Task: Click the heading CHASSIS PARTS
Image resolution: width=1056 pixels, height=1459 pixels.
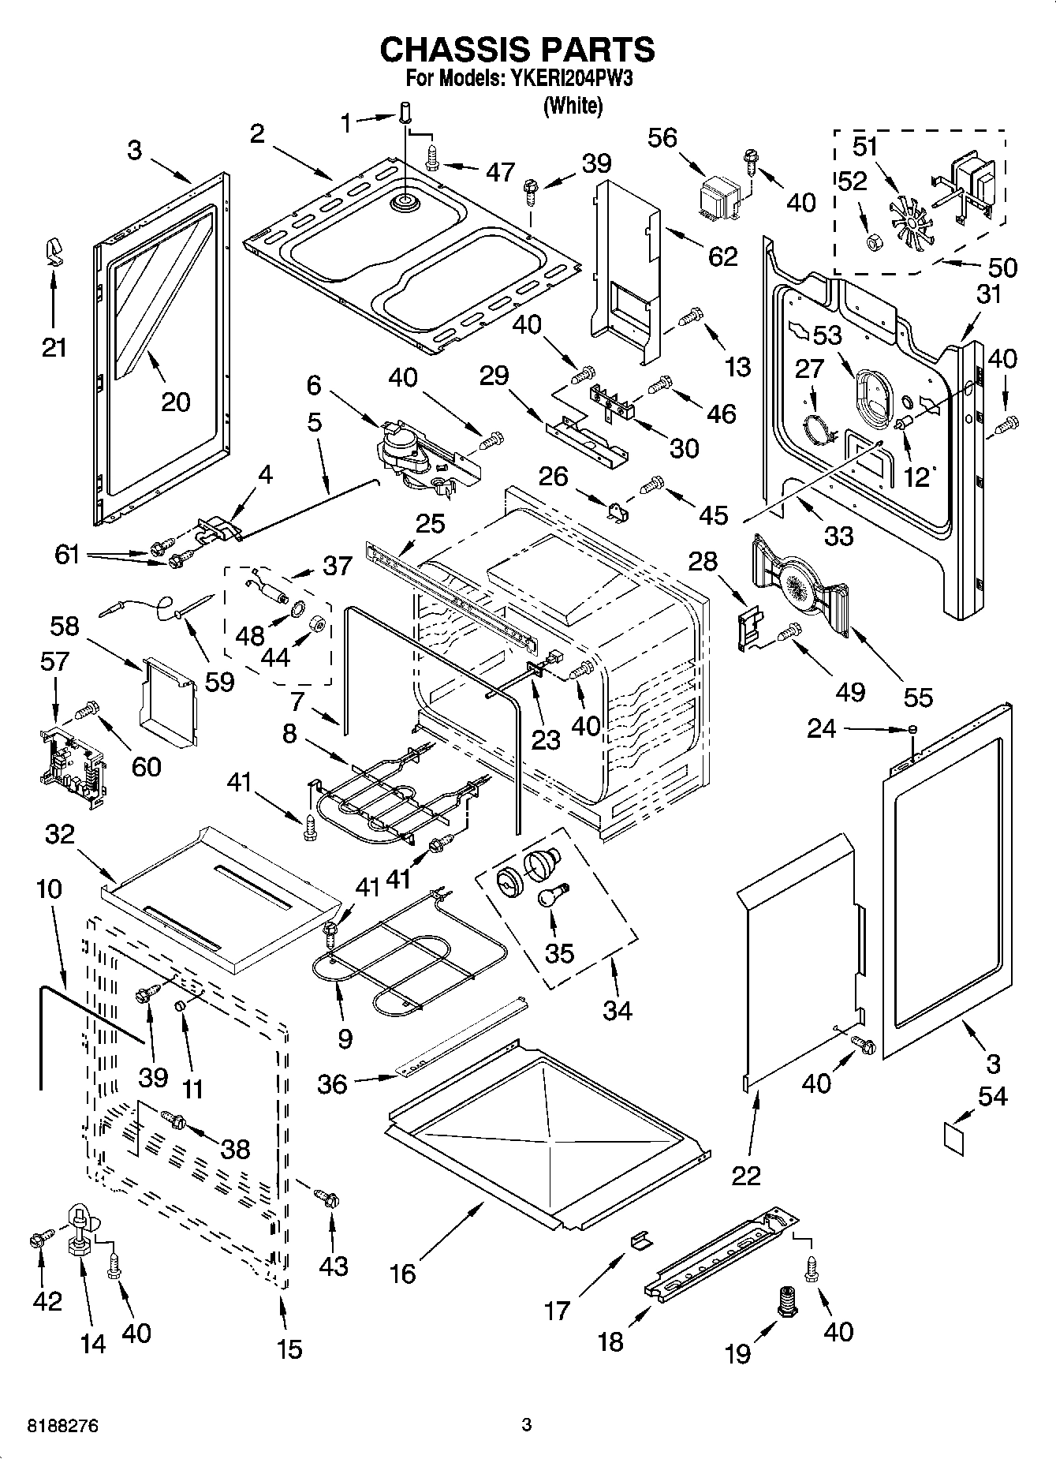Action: point(517,50)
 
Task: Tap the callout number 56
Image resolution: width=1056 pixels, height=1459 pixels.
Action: point(662,138)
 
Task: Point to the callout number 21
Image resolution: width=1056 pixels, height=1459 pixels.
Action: point(54,347)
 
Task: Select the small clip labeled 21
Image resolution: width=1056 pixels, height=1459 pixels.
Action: point(53,250)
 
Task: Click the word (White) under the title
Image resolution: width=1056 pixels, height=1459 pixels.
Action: point(573,105)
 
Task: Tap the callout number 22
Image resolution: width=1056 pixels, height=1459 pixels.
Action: point(746,1174)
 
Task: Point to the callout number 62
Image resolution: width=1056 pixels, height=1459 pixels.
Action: point(722,256)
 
